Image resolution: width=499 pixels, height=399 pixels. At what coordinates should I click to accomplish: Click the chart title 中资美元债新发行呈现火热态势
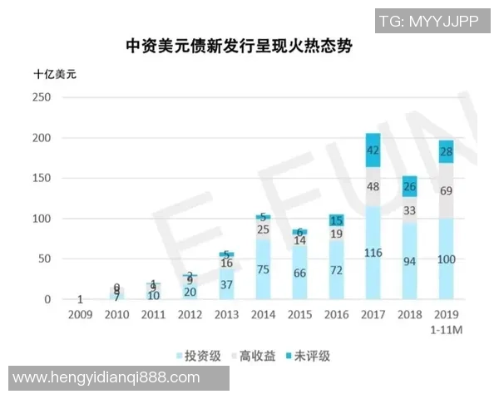(x=239, y=47)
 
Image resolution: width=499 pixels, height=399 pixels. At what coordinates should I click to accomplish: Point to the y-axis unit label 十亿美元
(x=55, y=75)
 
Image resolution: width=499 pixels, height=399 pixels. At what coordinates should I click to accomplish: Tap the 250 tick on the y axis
(x=42, y=97)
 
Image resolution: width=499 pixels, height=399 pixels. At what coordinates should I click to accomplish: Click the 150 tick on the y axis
(x=42, y=179)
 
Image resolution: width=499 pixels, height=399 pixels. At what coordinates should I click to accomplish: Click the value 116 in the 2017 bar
(x=373, y=253)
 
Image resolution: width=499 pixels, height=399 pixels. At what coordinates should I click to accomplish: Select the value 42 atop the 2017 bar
(x=373, y=150)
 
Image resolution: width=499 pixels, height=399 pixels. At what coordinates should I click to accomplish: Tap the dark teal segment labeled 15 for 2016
(x=335, y=220)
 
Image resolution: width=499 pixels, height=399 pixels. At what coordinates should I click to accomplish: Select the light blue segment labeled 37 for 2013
(x=226, y=284)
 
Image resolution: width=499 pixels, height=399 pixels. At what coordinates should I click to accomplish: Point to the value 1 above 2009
(x=79, y=299)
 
